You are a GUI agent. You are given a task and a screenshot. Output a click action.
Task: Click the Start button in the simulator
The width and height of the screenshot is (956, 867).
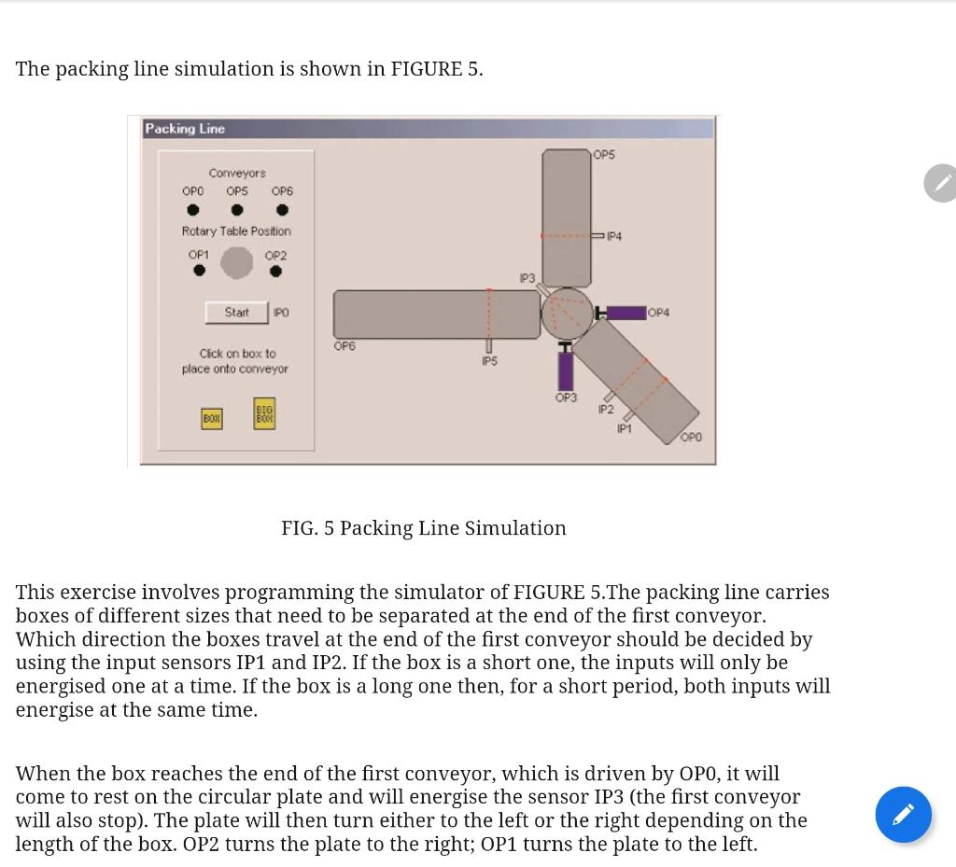click(236, 313)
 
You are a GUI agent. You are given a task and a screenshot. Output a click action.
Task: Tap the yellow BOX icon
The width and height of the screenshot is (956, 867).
click(212, 419)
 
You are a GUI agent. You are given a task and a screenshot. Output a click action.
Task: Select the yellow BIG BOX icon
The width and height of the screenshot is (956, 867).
click(264, 413)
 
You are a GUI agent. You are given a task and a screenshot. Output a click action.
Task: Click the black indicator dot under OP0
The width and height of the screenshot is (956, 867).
click(193, 210)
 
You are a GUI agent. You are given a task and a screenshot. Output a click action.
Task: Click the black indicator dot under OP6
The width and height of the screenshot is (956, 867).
click(282, 210)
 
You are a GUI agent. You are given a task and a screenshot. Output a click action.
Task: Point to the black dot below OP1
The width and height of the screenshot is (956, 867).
click(199, 271)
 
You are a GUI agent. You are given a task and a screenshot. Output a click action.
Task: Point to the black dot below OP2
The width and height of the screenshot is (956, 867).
click(275, 272)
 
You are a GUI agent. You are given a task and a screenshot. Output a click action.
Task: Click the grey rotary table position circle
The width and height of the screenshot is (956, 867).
click(236, 263)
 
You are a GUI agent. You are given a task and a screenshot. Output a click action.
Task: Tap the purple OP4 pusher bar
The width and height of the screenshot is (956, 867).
click(626, 313)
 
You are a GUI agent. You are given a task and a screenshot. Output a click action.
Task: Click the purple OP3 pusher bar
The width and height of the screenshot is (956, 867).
click(566, 371)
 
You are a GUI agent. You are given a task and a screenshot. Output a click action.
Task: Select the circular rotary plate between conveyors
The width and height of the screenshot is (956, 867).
click(567, 313)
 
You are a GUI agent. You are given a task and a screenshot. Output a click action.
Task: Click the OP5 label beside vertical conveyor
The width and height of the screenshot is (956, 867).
click(604, 155)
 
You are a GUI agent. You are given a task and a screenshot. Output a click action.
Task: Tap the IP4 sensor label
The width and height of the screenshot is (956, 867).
click(613, 237)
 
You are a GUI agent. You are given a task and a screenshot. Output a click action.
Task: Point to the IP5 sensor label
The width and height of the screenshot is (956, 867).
click(489, 361)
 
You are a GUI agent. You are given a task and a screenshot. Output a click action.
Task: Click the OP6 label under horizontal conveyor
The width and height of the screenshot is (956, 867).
click(344, 346)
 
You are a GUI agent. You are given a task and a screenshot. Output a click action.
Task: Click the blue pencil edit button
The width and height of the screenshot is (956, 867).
click(903, 815)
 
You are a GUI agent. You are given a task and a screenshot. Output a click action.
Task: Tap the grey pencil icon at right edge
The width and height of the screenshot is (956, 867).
click(941, 183)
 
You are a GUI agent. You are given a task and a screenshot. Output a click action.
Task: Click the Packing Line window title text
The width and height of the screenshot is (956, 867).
click(185, 129)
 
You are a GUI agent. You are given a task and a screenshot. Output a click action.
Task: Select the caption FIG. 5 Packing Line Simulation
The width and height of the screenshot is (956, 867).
click(423, 528)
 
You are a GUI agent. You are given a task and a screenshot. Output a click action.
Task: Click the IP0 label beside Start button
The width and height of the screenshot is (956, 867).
click(281, 313)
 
